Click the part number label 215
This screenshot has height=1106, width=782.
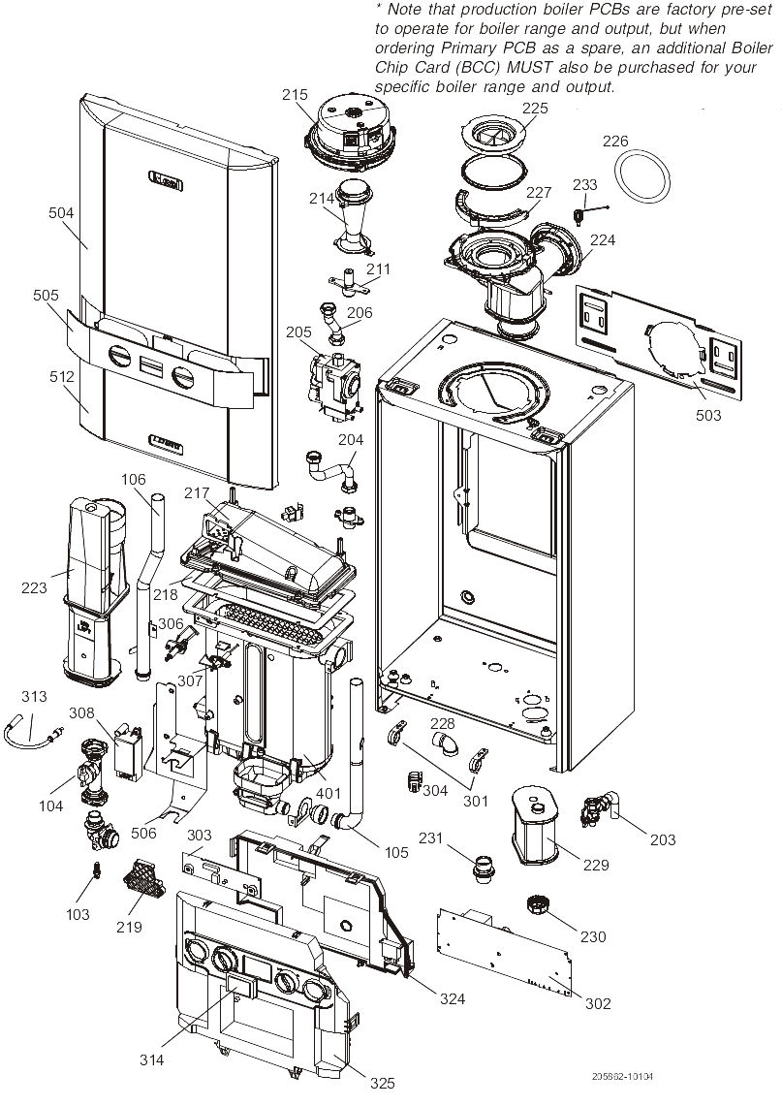pyautogui.click(x=295, y=95)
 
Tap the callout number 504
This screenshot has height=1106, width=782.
pyautogui.click(x=60, y=211)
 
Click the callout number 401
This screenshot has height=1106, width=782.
pyautogui.click(x=329, y=792)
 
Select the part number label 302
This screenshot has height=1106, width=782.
pyautogui.click(x=598, y=1003)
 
